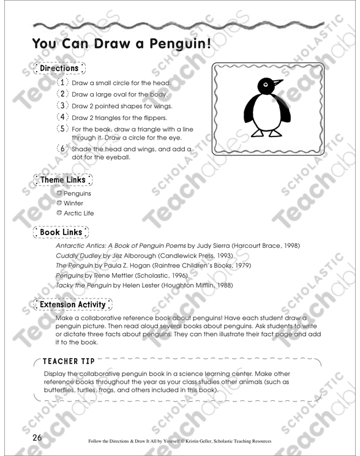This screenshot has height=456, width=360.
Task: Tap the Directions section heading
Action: (59, 69)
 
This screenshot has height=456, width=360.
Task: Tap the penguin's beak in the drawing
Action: (277, 83)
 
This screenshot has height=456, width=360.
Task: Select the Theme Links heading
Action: (62, 180)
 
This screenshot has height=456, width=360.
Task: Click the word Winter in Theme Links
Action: (73, 203)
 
